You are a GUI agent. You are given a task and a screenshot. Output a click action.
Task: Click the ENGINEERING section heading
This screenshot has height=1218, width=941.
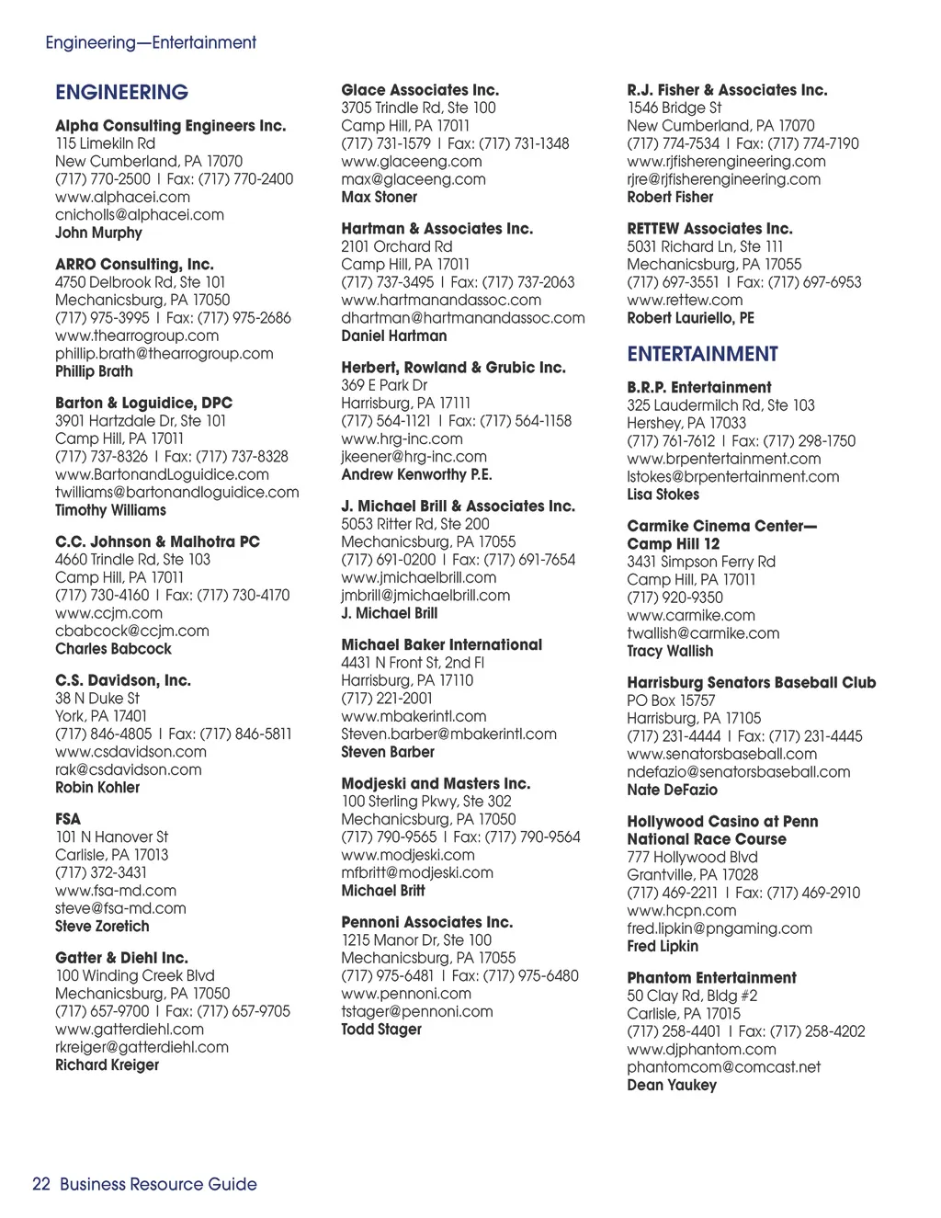click(121, 92)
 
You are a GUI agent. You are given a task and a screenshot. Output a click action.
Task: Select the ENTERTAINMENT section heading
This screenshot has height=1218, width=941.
click(702, 354)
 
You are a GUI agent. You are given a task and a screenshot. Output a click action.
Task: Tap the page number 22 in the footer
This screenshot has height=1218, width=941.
click(40, 1184)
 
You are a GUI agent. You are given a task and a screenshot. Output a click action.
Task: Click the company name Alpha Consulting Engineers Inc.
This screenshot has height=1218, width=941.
click(170, 126)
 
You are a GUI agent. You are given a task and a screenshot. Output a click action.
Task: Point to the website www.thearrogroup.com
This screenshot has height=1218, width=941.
click(137, 336)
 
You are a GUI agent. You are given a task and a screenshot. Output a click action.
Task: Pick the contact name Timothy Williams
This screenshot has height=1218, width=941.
click(110, 510)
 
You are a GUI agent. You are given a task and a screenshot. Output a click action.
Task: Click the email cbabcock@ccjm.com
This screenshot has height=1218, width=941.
click(131, 631)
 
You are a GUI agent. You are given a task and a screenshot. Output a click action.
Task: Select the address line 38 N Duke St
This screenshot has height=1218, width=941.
click(97, 698)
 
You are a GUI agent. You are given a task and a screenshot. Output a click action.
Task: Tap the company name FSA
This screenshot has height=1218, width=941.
click(68, 819)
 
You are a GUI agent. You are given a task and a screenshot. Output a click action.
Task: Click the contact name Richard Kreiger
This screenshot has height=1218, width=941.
click(107, 1064)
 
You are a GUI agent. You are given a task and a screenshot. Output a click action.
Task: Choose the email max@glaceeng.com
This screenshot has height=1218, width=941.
click(414, 179)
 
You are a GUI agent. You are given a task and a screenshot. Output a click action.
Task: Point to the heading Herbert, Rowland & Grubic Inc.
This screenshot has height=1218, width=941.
click(453, 368)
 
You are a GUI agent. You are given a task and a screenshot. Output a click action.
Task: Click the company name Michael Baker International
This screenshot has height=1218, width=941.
click(441, 645)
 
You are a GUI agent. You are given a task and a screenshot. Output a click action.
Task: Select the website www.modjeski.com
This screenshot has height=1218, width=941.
click(408, 855)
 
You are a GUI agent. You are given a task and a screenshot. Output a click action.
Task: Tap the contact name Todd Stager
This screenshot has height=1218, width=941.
click(381, 1030)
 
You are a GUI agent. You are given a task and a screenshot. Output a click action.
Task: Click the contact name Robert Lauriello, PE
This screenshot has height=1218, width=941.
click(690, 318)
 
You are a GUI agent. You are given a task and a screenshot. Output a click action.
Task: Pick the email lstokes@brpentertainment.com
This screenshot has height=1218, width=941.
click(732, 476)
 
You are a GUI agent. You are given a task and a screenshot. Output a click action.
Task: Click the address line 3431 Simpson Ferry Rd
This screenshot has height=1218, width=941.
click(701, 562)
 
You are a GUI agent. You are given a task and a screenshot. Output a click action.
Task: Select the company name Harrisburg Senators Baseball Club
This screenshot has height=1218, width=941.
click(751, 683)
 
